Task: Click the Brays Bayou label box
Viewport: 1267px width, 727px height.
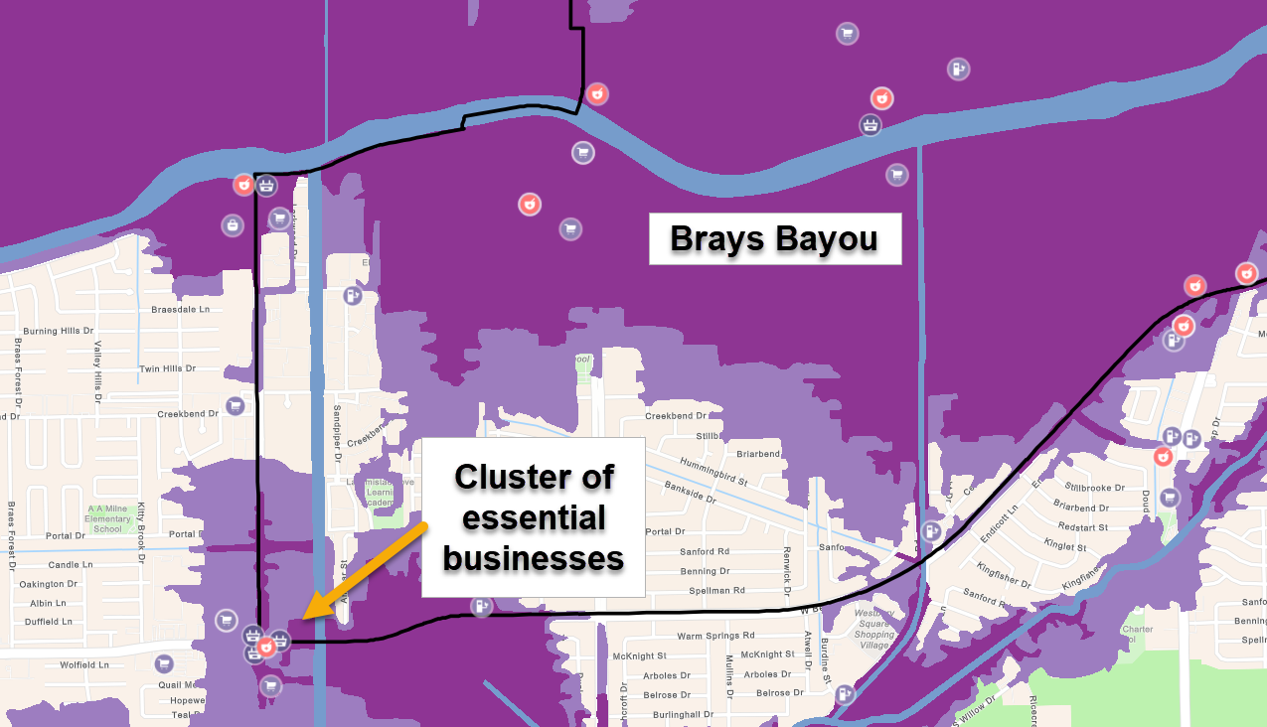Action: tap(774, 239)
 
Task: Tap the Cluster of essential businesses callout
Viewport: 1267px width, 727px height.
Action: tap(534, 516)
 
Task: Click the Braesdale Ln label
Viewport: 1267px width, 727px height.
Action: tap(181, 309)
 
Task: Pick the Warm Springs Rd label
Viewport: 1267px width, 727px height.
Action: tap(715, 636)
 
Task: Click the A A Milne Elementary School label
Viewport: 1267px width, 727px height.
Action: tap(108, 518)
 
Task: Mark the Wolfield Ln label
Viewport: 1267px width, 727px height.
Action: tap(84, 664)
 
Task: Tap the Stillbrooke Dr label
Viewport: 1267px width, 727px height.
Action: tap(1094, 488)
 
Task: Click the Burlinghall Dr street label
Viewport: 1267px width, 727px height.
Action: tap(684, 714)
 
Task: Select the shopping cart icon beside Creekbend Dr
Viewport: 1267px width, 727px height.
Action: tap(235, 405)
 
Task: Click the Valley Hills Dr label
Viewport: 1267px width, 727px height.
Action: tap(97, 366)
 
